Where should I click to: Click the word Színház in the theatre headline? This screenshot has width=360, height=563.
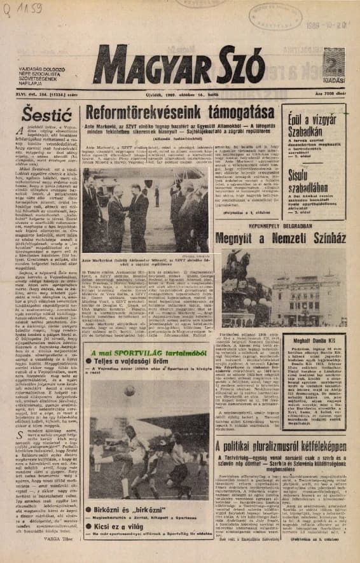tap(322, 238)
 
